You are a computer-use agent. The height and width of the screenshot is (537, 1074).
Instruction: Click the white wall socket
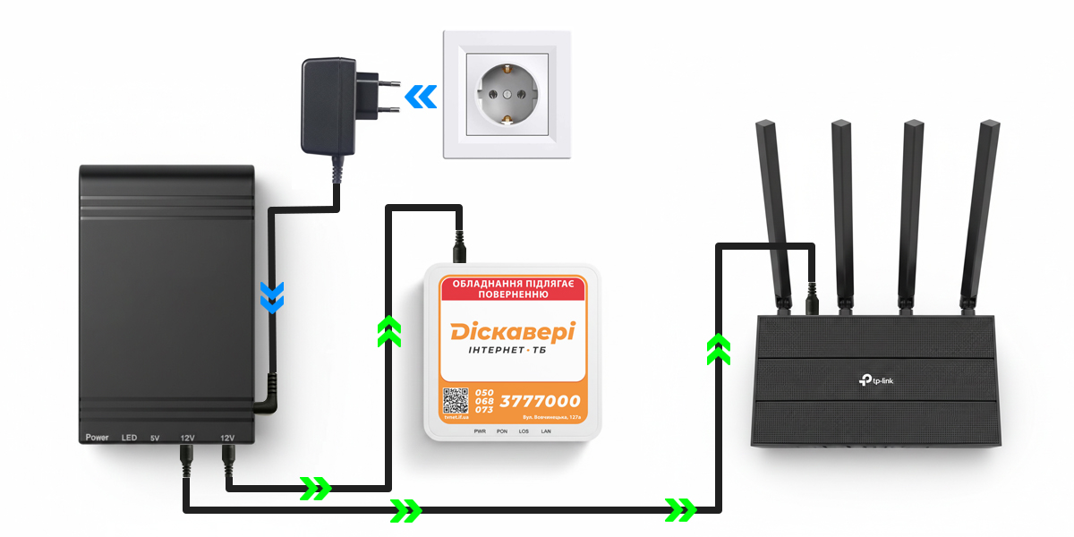[507, 94]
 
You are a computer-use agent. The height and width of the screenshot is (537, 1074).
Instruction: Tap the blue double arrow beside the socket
[421, 96]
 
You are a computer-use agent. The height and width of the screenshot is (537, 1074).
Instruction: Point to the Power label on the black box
[97, 438]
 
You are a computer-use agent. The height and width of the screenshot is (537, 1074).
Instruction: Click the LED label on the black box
[129, 438]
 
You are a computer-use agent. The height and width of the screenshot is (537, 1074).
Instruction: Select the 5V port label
[155, 438]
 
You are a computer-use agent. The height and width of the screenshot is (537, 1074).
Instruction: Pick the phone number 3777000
[540, 402]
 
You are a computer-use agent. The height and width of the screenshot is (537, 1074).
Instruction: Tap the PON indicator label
[501, 430]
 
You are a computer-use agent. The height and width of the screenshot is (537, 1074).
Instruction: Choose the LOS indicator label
[524, 430]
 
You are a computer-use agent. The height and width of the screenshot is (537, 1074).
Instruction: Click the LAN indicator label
[547, 430]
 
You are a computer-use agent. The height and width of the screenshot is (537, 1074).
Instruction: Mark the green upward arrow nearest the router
[717, 348]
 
